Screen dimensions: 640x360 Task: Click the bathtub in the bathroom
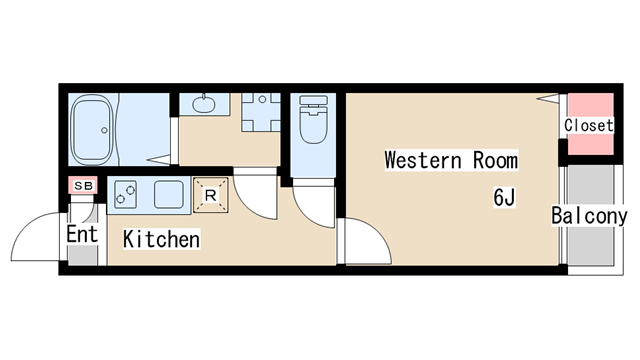92,130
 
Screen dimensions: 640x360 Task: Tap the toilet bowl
313,119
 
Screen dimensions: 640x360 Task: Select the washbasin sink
204,104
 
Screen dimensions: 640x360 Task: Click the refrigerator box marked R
211,195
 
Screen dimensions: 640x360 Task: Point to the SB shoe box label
83,186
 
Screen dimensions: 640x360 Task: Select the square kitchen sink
169,195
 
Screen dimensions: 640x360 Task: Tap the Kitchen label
162,239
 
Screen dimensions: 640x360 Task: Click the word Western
423,160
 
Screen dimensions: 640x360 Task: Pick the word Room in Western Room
496,160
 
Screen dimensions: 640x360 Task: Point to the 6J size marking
504,198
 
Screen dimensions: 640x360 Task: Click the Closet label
589,125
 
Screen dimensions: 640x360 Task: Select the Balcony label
589,216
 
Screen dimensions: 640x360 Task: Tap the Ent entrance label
82,234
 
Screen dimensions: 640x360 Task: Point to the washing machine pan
261,112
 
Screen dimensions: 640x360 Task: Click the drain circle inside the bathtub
104,130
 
